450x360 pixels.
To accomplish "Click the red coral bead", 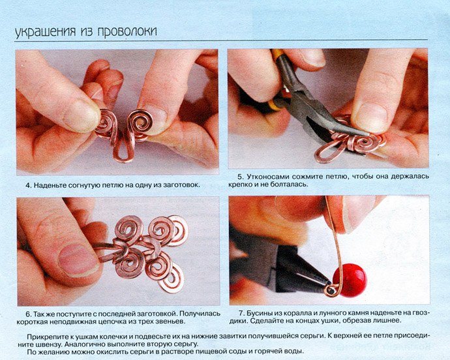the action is point(350,280).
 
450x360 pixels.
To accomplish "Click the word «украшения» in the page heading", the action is point(45,32).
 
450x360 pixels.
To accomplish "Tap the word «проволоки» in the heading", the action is point(127,32).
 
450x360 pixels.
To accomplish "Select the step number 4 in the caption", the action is point(28,185).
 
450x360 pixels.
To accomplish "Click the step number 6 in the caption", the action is point(28,313).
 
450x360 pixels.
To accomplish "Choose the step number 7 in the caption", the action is point(241,312).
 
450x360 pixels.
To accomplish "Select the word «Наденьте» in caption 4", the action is point(50,185).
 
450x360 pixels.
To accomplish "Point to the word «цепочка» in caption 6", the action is point(113,322).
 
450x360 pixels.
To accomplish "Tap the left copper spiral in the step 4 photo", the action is point(106,124).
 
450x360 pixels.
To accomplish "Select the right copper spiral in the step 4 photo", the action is point(140,123).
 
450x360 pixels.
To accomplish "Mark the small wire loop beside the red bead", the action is point(330,290).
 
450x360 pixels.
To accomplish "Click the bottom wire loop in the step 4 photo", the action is point(123,151).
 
